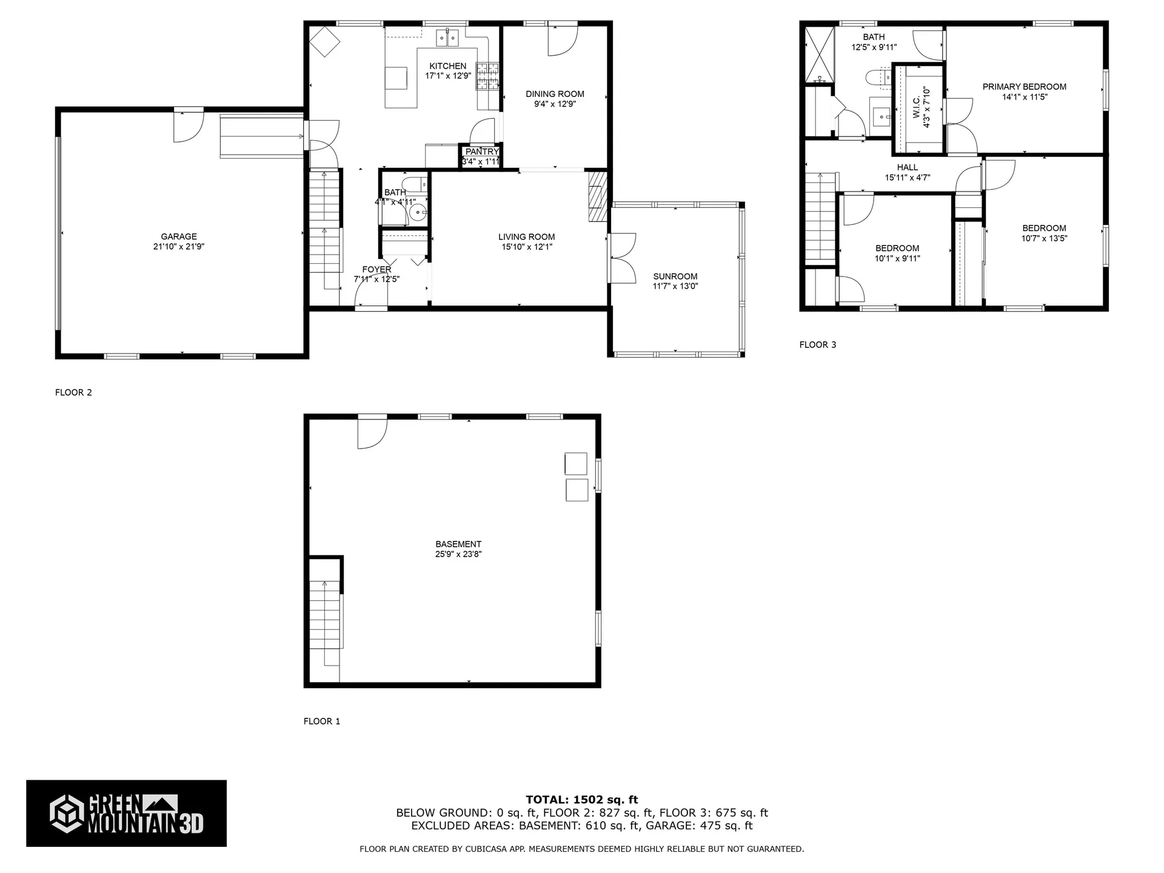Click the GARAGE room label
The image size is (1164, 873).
tap(179, 236)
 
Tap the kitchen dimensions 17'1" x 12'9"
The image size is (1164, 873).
tap(447, 76)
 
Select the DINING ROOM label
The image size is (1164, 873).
tap(555, 94)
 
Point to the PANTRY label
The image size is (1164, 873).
tap(482, 152)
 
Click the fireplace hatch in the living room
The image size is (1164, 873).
tap(597, 196)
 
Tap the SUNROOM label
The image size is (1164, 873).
tap(675, 276)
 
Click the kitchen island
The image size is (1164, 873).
tap(398, 78)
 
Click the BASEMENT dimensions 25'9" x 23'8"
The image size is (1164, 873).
tap(458, 554)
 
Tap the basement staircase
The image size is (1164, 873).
tap(325, 618)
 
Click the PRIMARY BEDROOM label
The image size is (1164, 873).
tap(1024, 87)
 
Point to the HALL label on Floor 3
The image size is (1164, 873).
tap(907, 167)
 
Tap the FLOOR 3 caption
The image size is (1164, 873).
tap(817, 345)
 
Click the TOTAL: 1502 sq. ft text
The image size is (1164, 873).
tap(581, 800)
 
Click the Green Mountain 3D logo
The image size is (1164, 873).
tap(126, 813)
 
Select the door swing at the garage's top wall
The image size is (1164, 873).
tap(187, 126)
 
